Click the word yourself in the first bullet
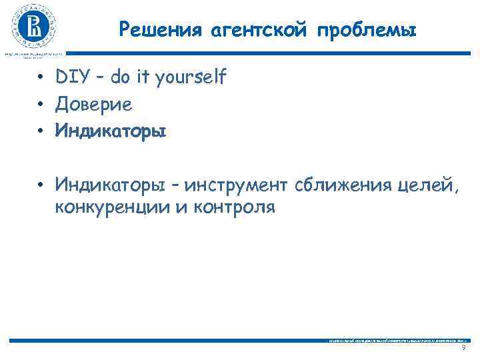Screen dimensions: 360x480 pos(191,79)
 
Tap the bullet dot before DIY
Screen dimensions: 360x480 pos(41,79)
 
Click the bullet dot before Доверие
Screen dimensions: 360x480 pos(41,105)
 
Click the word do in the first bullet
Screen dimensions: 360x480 pos(121,78)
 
